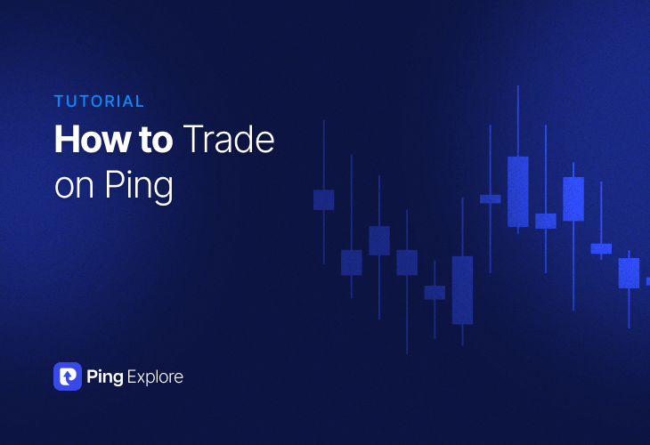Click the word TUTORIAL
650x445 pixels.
point(99,101)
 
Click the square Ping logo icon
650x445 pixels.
point(68,376)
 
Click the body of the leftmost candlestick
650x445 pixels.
point(323,199)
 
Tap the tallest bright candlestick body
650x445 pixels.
point(517,191)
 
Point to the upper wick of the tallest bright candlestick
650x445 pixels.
point(517,120)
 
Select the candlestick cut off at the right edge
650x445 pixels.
point(647,281)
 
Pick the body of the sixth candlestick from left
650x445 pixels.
point(462,290)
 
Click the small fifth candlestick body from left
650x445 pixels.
point(435,292)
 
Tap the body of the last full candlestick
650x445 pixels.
point(629,273)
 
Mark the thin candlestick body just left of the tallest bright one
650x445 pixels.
point(490,199)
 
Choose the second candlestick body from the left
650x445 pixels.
point(351,263)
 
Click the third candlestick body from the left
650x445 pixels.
point(379,240)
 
